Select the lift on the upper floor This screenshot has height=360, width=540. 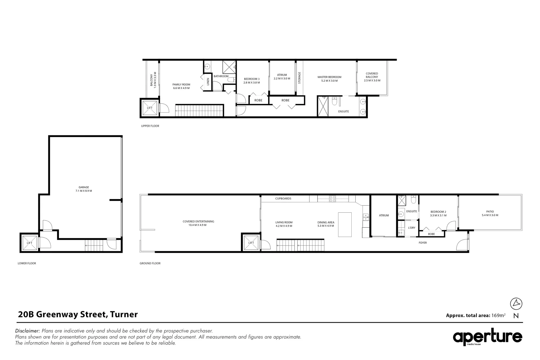pyautogui.click(x=150, y=108)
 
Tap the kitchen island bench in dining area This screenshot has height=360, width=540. pyautogui.click(x=345, y=224)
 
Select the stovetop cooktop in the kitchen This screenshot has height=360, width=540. pyautogui.click(x=332, y=199)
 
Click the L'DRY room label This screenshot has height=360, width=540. pyautogui.click(x=411, y=228)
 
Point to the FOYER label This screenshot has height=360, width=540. pyautogui.click(x=423, y=243)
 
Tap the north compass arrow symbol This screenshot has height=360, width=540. pyautogui.click(x=516, y=303)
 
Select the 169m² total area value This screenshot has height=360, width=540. pyautogui.click(x=498, y=315)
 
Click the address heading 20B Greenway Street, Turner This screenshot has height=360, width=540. pyautogui.click(x=78, y=314)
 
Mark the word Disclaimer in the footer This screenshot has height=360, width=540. pyautogui.click(x=28, y=331)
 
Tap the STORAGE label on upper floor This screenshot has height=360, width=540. pyautogui.click(x=299, y=78)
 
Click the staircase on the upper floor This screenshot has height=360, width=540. pyautogui.click(x=199, y=110)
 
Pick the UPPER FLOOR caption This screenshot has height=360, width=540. pyautogui.click(x=150, y=126)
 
